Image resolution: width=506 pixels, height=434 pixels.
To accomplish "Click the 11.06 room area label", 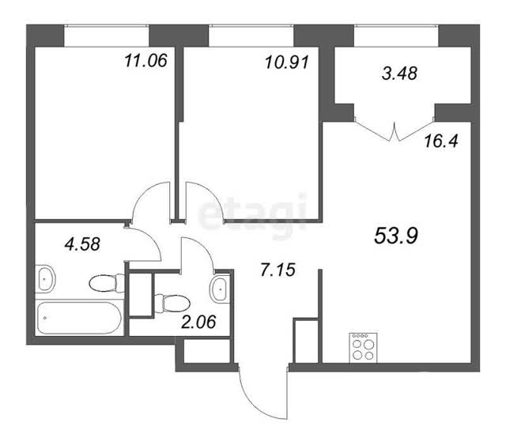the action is click(x=145, y=61).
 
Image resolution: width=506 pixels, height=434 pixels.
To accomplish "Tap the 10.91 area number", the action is click(x=287, y=62).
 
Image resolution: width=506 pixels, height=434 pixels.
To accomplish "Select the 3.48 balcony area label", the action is click(x=399, y=73).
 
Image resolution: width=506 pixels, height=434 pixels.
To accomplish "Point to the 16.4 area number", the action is click(x=441, y=141).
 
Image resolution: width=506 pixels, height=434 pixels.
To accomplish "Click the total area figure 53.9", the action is click(x=396, y=236).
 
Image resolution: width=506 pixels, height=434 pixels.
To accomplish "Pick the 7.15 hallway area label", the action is click(x=278, y=270).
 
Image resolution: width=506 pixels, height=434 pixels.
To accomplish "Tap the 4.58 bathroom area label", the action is click(x=82, y=244).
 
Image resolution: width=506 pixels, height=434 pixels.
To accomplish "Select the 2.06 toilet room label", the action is click(x=198, y=322).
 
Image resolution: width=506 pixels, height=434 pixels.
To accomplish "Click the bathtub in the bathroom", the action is click(x=79, y=318).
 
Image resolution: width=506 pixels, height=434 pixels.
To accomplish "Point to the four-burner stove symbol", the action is click(x=363, y=347).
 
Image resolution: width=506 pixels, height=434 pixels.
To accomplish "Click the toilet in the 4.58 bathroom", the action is click(x=107, y=283).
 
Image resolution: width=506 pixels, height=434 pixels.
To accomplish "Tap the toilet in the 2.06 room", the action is click(x=172, y=304).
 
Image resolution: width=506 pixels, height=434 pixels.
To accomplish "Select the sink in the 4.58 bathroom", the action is click(x=46, y=279).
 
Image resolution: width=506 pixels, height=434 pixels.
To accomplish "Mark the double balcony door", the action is click(x=394, y=130).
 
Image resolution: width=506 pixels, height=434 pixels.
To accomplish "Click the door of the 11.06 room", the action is click(x=152, y=202).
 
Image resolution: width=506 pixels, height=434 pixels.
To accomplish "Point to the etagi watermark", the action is click(x=252, y=214).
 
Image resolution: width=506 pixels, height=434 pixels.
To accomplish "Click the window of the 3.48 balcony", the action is click(x=396, y=36).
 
